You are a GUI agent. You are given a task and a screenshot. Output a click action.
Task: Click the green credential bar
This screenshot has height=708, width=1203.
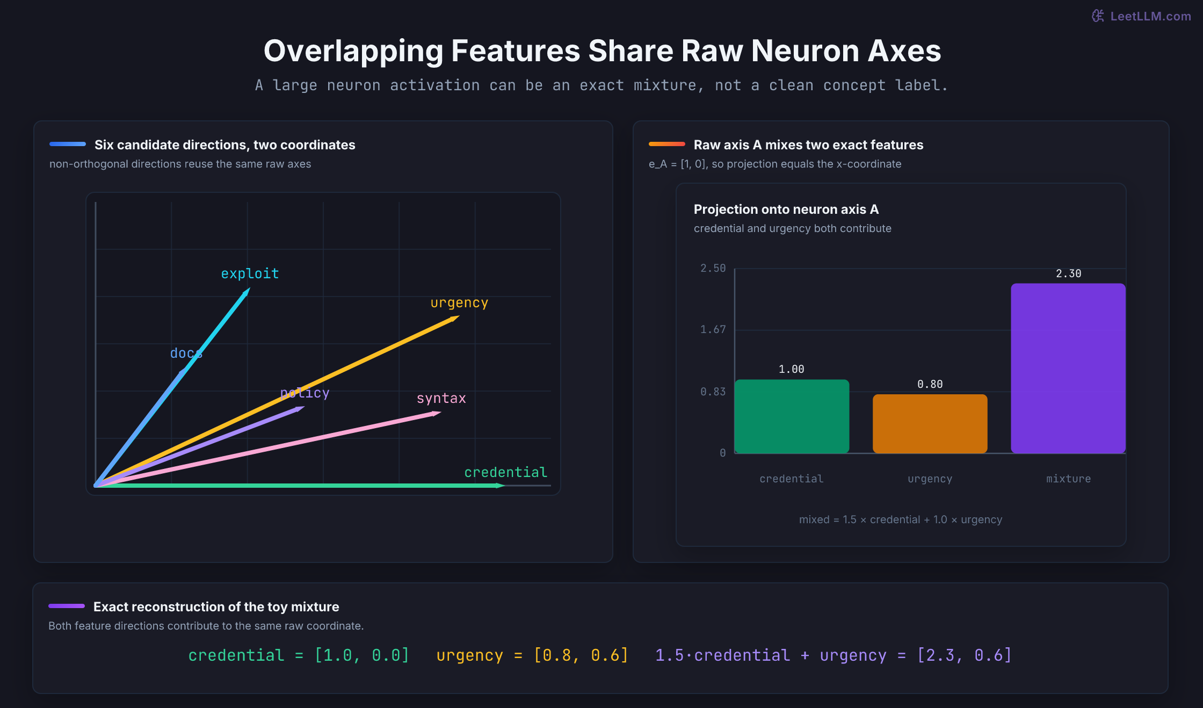coord(792,416)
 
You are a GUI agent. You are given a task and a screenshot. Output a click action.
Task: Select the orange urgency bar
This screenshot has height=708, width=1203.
coord(930,424)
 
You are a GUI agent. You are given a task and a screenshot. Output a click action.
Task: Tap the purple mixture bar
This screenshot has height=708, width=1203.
coord(1068,369)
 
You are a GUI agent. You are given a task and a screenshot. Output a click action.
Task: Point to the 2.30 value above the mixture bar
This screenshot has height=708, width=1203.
coord(1068,273)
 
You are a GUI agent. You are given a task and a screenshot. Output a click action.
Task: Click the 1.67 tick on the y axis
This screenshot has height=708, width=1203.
coord(713,329)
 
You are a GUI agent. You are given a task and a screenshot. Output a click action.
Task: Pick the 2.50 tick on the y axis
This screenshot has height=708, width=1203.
coord(713,268)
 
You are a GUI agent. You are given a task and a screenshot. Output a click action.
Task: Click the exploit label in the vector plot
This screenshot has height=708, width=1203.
coord(250,273)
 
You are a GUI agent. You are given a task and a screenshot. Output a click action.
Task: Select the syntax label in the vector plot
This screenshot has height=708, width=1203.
coord(441,398)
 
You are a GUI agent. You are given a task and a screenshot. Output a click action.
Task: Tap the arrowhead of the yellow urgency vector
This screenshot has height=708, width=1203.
coord(455,318)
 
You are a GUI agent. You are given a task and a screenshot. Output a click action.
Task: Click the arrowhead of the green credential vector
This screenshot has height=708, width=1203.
coord(500,486)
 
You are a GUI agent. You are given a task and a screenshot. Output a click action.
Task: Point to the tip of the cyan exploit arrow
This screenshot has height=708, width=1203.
coord(250,288)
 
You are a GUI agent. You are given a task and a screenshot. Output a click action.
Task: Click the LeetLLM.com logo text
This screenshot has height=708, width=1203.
coord(1150,16)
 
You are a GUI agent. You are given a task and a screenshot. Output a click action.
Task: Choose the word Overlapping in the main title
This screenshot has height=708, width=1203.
coord(353,51)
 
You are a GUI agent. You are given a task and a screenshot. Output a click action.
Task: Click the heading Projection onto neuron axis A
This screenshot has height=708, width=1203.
coord(786,209)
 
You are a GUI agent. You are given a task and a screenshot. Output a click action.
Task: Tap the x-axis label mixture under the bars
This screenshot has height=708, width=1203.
coord(1068,479)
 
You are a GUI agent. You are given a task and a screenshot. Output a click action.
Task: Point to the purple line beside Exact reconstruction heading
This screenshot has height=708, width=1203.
coord(67,606)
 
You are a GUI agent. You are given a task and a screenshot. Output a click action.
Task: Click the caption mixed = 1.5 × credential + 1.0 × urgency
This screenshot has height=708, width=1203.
coord(901,519)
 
